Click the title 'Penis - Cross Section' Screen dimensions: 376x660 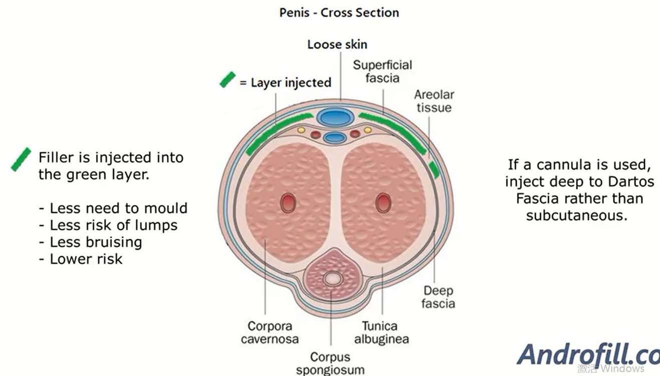pyautogui.click(x=339, y=13)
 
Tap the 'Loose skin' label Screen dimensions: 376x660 pyautogui.click(x=337, y=44)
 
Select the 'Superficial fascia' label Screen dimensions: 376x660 pyautogui.click(x=382, y=71)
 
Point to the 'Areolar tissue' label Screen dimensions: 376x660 pyautogui.click(x=434, y=101)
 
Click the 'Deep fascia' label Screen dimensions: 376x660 pyautogui.click(x=438, y=297)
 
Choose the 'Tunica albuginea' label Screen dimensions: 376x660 pyautogui.click(x=381, y=332)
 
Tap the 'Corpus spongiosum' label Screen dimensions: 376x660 pyautogui.click(x=330, y=363)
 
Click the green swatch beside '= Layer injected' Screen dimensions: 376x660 pyautogui.click(x=228, y=80)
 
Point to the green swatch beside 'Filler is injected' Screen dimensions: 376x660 pyautogui.click(x=21, y=159)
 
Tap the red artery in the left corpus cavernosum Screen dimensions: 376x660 pyautogui.click(x=288, y=203)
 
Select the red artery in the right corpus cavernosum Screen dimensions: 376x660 pyautogui.click(x=383, y=203)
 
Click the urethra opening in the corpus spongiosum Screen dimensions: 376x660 pyautogui.click(x=332, y=278)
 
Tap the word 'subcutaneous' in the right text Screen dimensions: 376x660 pyautogui.click(x=576, y=216)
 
